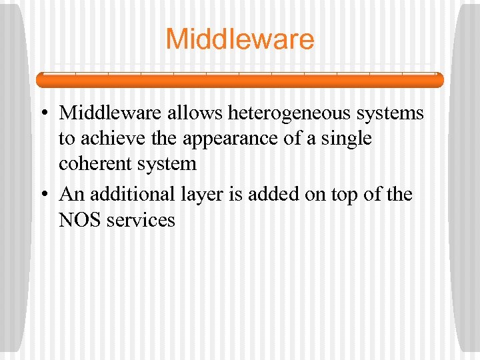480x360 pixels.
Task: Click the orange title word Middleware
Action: (239, 39)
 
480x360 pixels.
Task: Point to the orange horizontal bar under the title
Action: (239, 80)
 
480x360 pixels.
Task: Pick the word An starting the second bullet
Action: (71, 194)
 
